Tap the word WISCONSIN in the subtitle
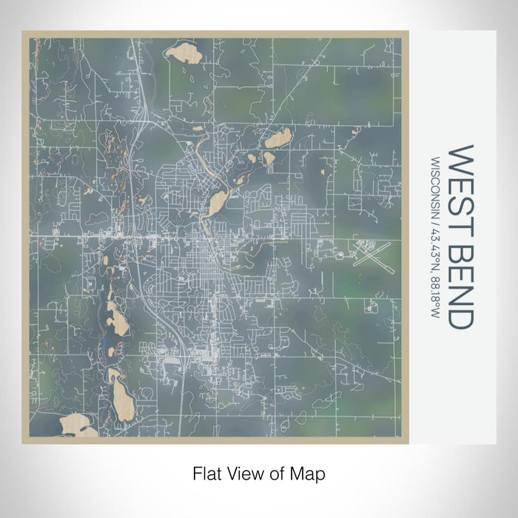pyautogui.click(x=433, y=182)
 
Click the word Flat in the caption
pyautogui.click(x=206, y=472)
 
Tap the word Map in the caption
pyautogui.click(x=310, y=472)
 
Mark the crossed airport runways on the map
pyautogui.click(x=365, y=251)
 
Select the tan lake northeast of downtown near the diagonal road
pyautogui.click(x=278, y=138)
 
